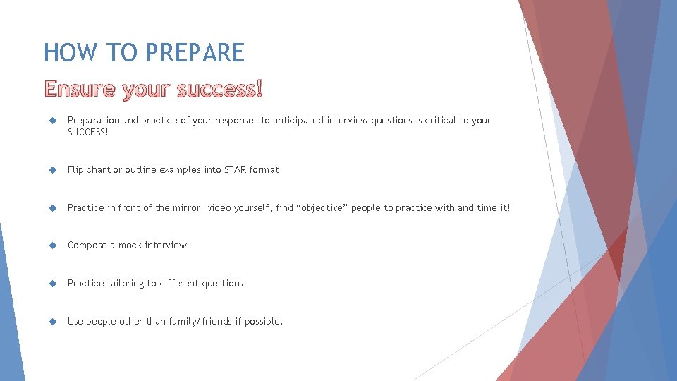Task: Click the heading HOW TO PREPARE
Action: coord(144,53)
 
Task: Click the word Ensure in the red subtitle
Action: coord(80,90)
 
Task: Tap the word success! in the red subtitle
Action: coord(219,90)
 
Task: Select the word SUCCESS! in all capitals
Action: coord(88,132)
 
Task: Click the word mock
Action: coord(130,246)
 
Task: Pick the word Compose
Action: coord(87,246)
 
